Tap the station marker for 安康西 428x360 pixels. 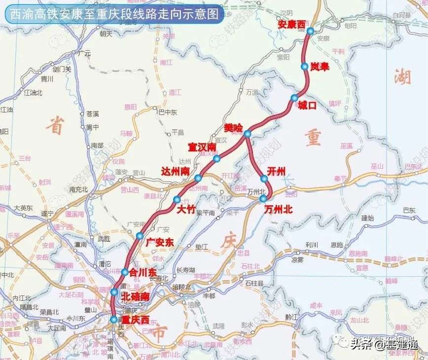(x=310, y=32)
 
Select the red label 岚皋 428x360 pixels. (x=320, y=67)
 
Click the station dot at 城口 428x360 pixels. (x=294, y=98)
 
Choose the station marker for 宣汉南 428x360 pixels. (x=216, y=158)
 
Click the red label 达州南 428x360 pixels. (x=176, y=171)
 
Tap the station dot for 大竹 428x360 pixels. (x=177, y=199)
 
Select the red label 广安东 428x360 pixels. (x=160, y=242)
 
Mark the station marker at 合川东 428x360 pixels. (x=125, y=272)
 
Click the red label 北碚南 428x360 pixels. (x=136, y=297)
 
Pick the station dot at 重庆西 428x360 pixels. (x=114, y=320)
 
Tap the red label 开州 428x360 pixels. (x=276, y=171)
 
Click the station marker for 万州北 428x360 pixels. (x=263, y=199)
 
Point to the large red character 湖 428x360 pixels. (x=403, y=76)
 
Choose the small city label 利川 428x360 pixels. (x=312, y=244)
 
